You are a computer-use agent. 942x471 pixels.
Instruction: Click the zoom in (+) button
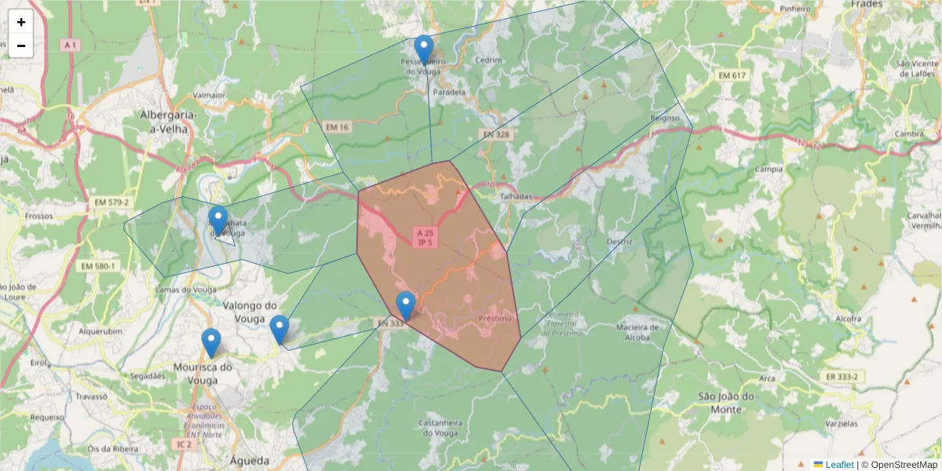pos(21,22)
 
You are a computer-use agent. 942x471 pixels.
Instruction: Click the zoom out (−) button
pos(21,46)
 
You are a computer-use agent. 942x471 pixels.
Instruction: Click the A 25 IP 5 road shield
pos(425,237)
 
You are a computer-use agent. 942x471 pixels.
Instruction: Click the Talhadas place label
pos(516,196)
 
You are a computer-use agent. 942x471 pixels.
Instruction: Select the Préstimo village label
pos(495,319)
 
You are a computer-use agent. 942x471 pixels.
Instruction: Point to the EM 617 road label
pos(734,75)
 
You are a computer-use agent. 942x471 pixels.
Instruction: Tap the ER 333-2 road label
pos(841,377)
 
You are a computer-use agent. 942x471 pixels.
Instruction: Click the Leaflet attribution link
pos(838,465)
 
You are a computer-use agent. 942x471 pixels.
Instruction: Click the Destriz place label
pos(619,242)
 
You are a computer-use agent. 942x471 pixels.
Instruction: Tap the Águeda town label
pos(250,461)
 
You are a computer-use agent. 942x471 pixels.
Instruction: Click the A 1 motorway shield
pos(71,46)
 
